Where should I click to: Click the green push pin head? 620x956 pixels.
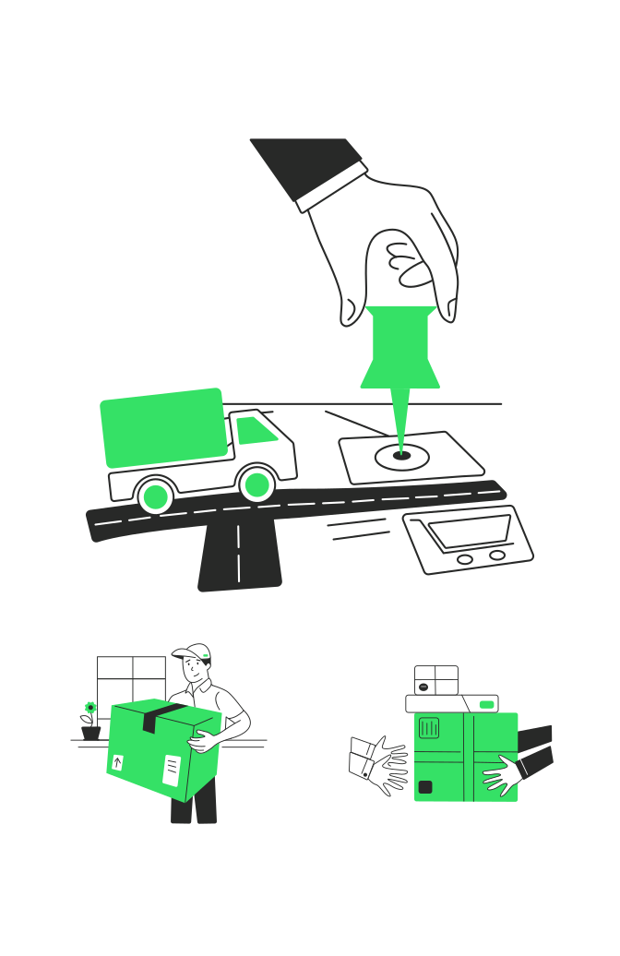(399, 346)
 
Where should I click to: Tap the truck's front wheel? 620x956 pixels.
(256, 485)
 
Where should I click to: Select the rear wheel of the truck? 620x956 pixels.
(156, 497)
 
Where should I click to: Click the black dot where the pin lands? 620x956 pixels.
(401, 455)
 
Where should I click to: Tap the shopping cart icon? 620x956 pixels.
(468, 540)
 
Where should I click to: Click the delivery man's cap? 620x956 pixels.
(192, 652)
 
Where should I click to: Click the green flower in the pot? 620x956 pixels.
(90, 708)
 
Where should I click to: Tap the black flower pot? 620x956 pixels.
(90, 733)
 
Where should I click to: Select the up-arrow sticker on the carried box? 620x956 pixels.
(117, 762)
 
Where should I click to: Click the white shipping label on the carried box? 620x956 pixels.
(172, 769)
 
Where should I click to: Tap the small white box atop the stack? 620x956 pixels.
(435, 680)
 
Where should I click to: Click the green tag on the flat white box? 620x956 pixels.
(486, 705)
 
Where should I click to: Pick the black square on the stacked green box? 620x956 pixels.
(424, 787)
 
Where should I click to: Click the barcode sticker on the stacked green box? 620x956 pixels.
(429, 728)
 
